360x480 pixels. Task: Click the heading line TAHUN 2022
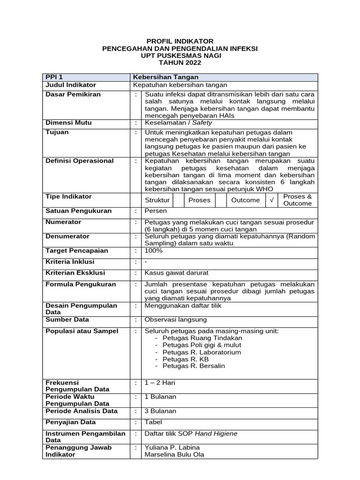pos(180,62)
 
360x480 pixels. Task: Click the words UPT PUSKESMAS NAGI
pos(180,55)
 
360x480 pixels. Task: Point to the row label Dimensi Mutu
pos(68,123)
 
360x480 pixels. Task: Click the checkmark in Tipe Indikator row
pos(272,200)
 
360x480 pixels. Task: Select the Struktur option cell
pos(157,200)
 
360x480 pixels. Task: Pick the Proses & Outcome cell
pos(298,200)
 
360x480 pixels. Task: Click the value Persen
pos(156,211)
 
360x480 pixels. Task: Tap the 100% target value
pos(154,251)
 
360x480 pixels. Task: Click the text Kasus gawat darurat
pos(176,272)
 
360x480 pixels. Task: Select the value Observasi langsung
pos(176,320)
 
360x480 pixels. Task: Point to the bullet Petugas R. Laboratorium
pos(202,352)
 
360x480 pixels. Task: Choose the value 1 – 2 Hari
pos(160,383)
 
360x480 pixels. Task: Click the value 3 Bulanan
pos(160,411)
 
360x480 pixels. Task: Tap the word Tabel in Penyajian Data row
pos(154,422)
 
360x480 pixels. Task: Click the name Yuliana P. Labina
pos(172,448)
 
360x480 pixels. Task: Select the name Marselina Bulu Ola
pos(174,455)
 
